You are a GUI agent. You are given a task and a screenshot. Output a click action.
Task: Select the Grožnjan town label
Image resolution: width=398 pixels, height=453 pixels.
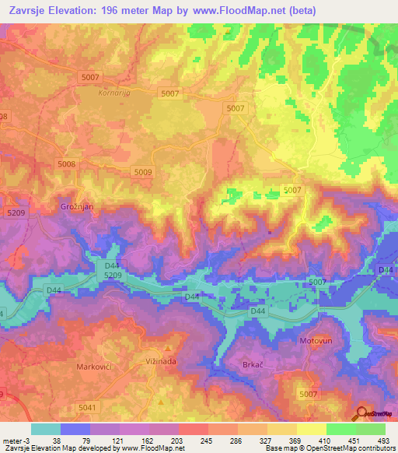pyautogui.click(x=77, y=208)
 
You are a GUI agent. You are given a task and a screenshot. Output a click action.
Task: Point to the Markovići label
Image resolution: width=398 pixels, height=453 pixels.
pyautogui.click(x=96, y=366)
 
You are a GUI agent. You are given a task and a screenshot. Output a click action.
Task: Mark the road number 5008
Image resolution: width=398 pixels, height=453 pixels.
pyautogui.click(x=67, y=164)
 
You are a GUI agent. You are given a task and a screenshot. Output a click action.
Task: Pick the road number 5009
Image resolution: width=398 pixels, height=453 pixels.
pyautogui.click(x=143, y=172)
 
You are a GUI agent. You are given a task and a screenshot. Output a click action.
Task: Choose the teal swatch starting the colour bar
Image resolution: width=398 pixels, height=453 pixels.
pyautogui.click(x=45, y=429)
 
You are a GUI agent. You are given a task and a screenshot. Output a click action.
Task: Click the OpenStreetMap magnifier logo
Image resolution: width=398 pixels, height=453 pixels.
pyautogui.click(x=363, y=414)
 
